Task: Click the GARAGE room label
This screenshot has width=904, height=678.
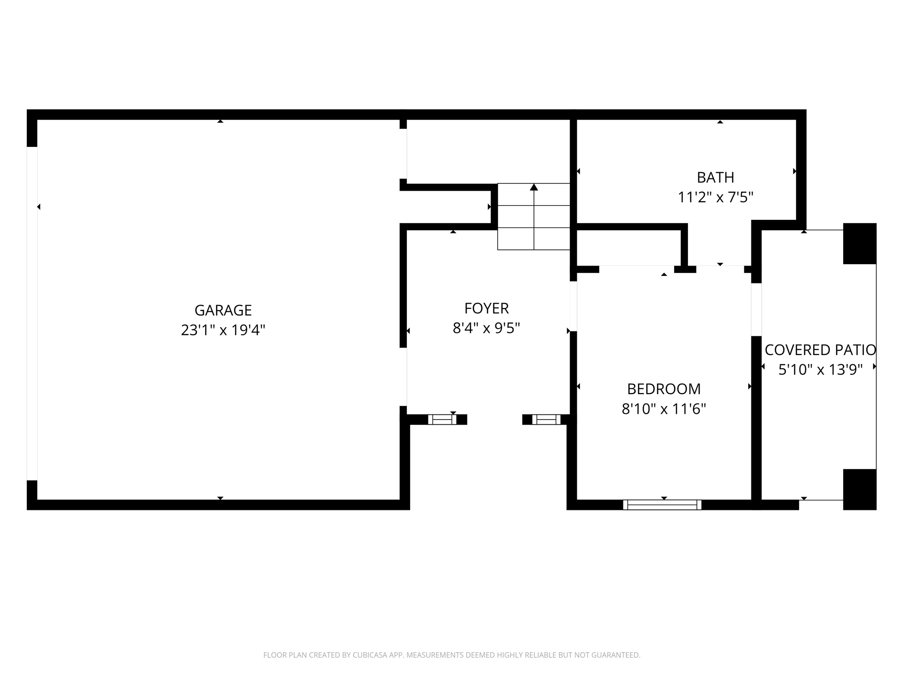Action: pos(223,310)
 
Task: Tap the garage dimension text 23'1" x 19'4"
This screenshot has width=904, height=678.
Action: pos(223,330)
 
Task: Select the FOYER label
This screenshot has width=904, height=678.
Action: pos(486,308)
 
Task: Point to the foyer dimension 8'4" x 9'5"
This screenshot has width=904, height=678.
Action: pos(486,328)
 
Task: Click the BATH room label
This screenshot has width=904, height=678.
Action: pos(716,178)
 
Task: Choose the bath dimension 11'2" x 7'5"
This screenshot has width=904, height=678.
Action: pos(716,197)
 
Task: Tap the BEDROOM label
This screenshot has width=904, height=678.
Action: pos(664,389)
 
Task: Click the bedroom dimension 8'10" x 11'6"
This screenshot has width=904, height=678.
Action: pos(664,409)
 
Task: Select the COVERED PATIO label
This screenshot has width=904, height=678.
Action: pos(820,350)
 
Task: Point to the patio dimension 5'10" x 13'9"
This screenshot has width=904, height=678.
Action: pos(820,370)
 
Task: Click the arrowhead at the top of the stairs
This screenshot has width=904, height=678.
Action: pos(533,187)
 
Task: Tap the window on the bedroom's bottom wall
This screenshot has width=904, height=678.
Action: pos(662,505)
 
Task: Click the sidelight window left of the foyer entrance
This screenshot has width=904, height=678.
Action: pos(442,420)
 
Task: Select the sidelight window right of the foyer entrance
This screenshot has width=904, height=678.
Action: pos(546,420)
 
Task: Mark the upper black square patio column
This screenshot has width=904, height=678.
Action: pos(860,243)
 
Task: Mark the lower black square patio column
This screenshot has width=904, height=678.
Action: pos(860,490)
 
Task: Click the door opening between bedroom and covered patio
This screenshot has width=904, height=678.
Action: pos(756,310)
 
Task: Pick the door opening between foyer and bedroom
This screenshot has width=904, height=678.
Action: pos(573,306)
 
